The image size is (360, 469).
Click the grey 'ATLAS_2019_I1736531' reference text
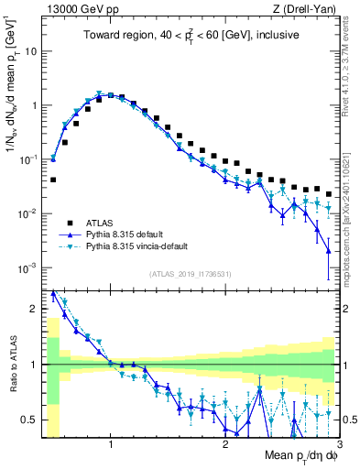click(x=191, y=274)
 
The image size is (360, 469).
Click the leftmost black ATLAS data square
click(x=53, y=180)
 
